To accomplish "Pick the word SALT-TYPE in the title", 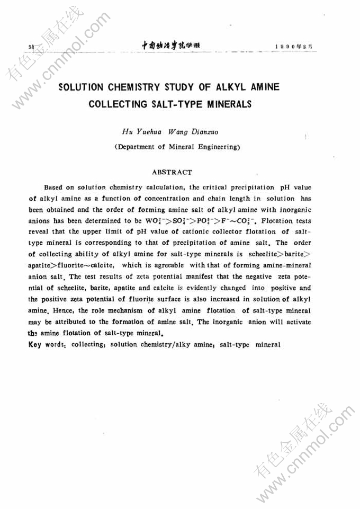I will click(x=177, y=104).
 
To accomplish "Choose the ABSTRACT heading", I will click(x=172, y=172).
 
